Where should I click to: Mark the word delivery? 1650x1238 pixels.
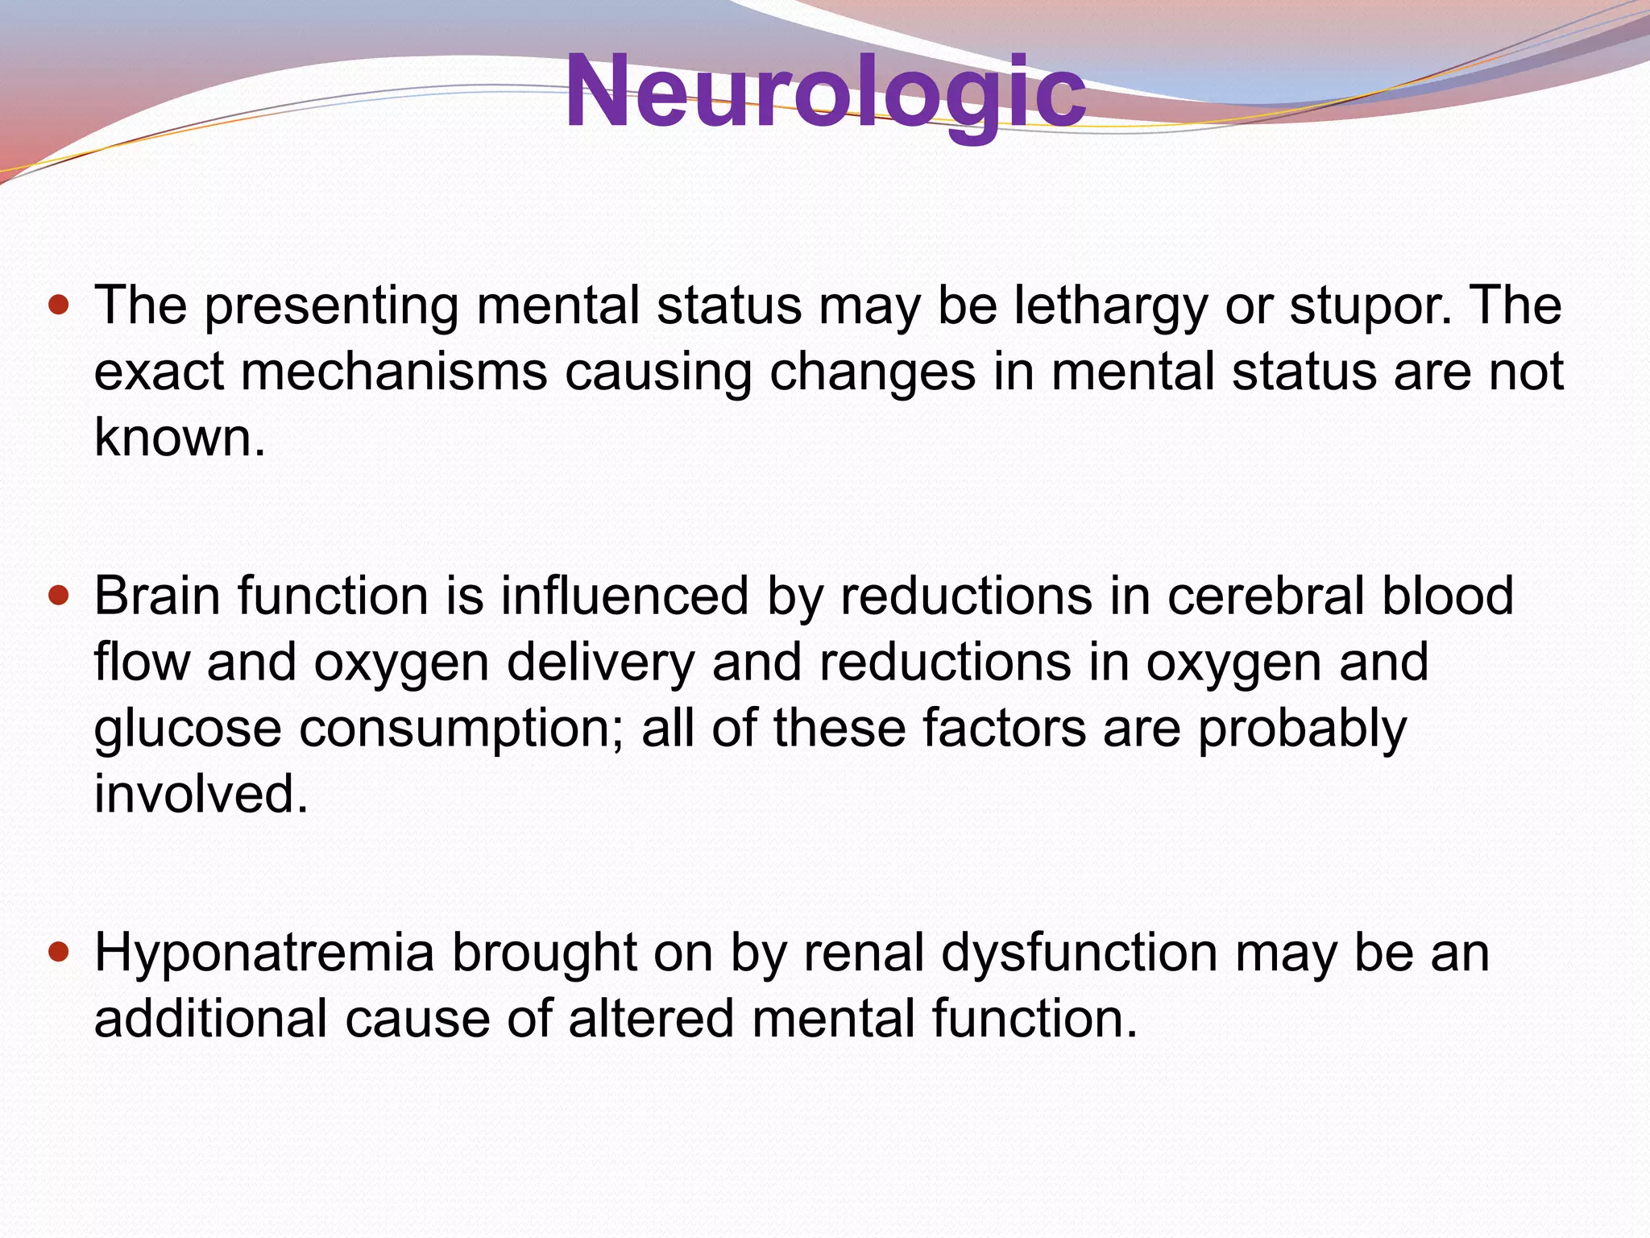coord(600,663)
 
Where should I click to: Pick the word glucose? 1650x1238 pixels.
coord(188,729)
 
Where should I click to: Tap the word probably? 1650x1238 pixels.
coord(1302,729)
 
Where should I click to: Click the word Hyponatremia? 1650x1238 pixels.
coord(264,953)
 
